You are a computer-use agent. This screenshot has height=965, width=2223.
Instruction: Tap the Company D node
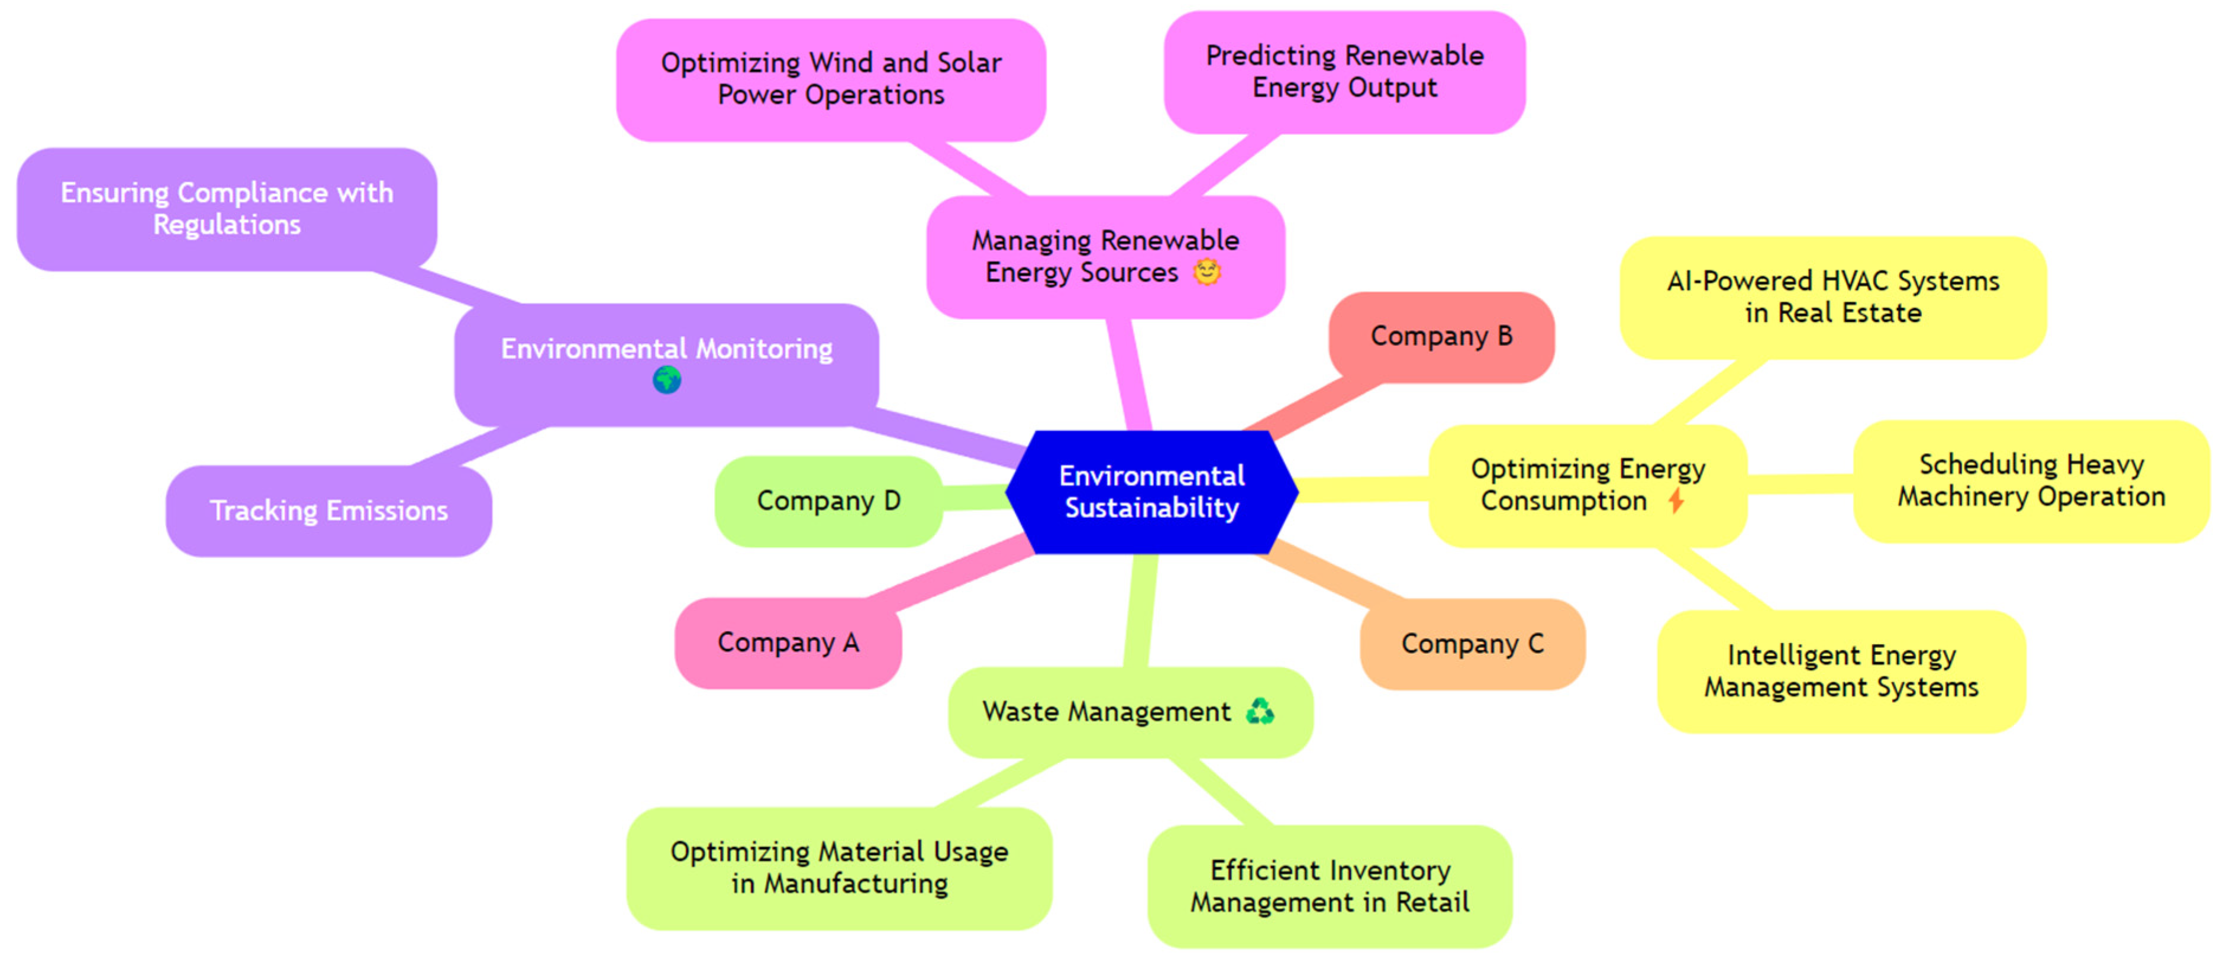pyautogui.click(x=828, y=501)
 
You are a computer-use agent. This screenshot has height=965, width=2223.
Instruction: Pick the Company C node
pyautogui.click(x=1472, y=643)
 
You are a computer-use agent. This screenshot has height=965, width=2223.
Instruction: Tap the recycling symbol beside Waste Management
pyautogui.click(x=1260, y=711)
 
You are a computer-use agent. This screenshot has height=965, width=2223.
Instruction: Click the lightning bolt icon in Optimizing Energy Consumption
pyautogui.click(x=1676, y=500)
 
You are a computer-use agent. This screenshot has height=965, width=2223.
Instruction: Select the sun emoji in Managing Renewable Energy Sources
pyautogui.click(x=1206, y=272)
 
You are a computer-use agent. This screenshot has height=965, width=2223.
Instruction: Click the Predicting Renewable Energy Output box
pyautogui.click(x=1344, y=72)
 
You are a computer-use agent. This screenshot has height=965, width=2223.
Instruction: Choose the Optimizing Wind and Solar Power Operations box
pyautogui.click(x=831, y=79)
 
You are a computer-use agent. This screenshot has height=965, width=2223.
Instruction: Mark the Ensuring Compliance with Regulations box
pyautogui.click(x=227, y=208)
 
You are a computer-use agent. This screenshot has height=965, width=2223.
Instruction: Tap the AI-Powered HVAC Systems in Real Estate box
pyautogui.click(x=1833, y=297)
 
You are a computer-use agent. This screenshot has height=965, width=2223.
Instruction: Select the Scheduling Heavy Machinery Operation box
pyautogui.click(x=2031, y=481)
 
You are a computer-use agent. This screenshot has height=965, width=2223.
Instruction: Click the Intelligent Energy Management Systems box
pyautogui.click(x=1841, y=671)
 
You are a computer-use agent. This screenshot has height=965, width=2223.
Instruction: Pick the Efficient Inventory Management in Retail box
pyautogui.click(x=1329, y=886)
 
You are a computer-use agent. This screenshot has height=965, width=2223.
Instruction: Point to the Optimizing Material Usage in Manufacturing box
pyautogui.click(x=839, y=867)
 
